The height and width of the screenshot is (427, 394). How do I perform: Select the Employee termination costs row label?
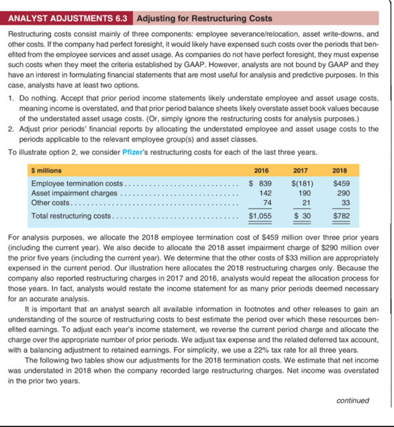click(x=77, y=184)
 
